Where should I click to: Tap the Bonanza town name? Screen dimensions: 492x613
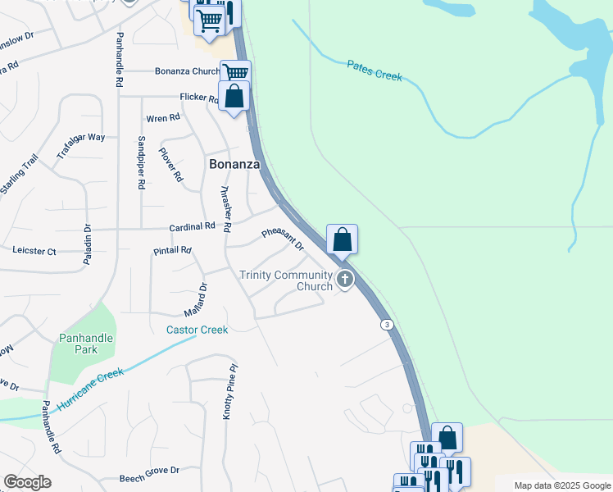[x=234, y=164]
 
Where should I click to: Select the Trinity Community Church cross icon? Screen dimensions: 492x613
[x=345, y=280]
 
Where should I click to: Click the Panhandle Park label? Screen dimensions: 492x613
[x=83, y=344]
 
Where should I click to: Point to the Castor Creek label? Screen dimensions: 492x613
[x=197, y=330]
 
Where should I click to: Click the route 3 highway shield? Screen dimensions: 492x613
[x=385, y=326]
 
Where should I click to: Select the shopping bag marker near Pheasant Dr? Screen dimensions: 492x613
[x=343, y=240]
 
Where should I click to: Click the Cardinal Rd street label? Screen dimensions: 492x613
[x=192, y=225]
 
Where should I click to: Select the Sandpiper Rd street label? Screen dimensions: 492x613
[x=141, y=162]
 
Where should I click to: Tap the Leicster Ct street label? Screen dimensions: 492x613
[x=34, y=251]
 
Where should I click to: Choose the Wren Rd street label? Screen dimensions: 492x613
[x=162, y=118]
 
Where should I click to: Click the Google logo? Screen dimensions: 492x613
[x=27, y=482]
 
